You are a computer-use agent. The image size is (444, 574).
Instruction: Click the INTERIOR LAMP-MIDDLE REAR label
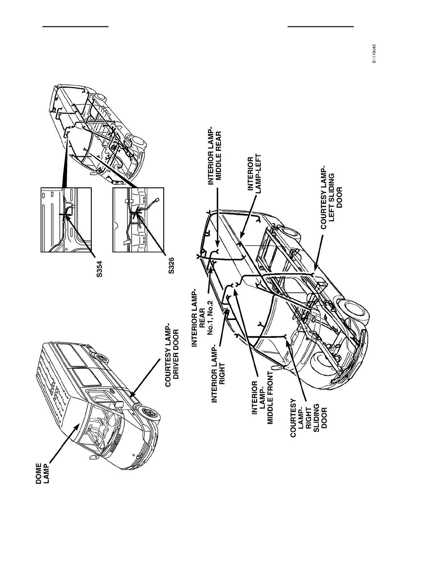point(215,155)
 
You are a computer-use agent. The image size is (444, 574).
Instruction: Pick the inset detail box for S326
point(138,220)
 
